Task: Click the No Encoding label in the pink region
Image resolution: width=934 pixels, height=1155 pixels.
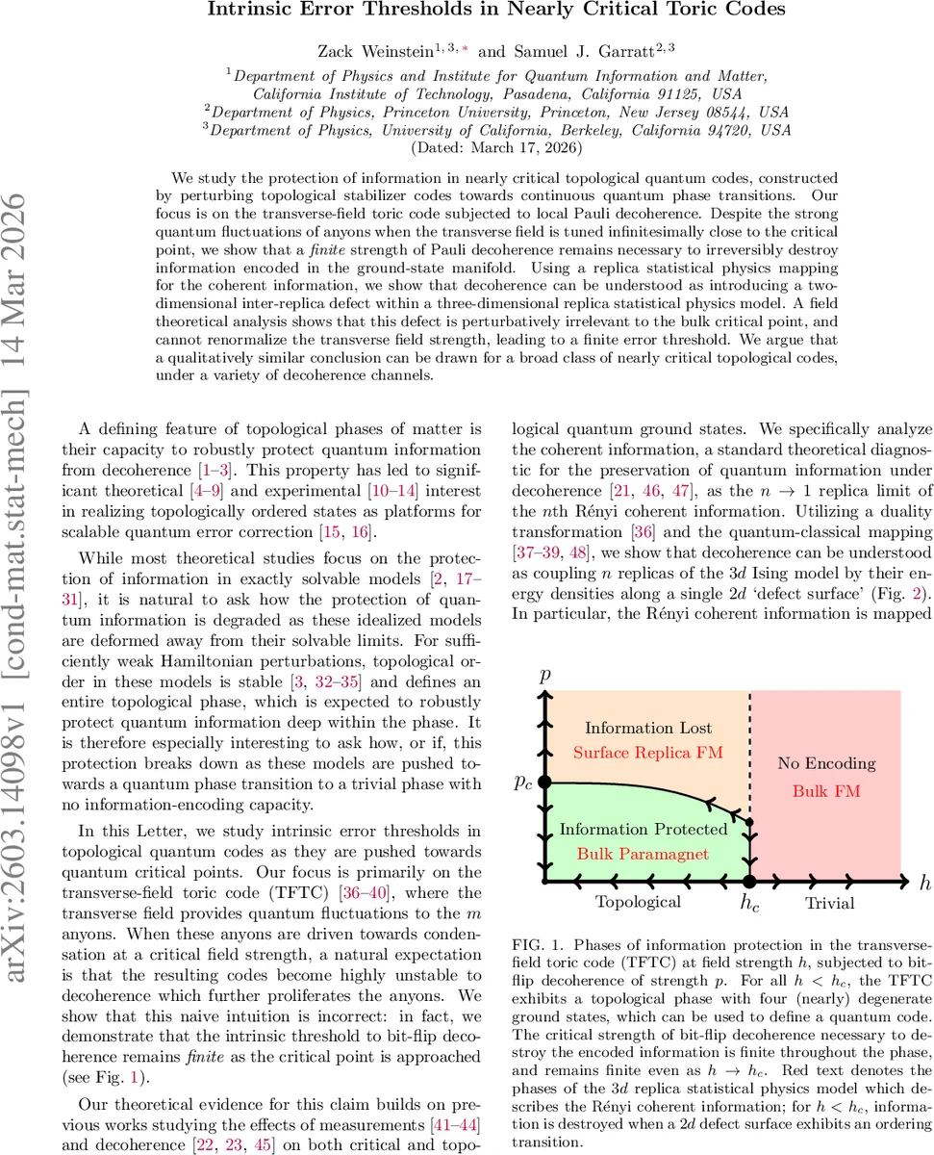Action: tap(826, 763)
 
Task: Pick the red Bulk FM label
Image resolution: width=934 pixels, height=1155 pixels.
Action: tap(826, 790)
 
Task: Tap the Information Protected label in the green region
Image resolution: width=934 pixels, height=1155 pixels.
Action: tap(644, 829)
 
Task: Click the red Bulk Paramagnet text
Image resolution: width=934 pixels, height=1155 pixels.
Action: tap(644, 853)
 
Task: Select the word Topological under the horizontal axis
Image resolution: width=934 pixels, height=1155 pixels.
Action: tap(638, 902)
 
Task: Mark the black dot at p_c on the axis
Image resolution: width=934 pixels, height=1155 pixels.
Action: tap(544, 783)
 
